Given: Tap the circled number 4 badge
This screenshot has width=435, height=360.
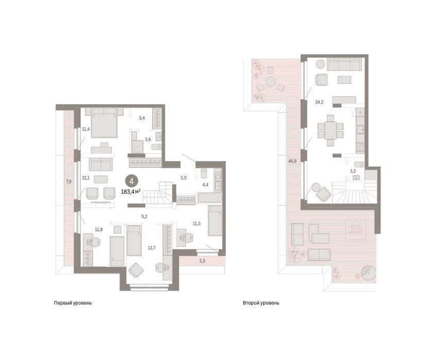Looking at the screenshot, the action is [x=131, y=181].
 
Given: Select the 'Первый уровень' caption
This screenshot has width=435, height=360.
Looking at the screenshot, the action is [x=73, y=303].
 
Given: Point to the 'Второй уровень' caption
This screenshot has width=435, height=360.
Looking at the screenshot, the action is [x=261, y=303].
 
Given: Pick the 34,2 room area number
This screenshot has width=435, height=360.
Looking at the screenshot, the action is [x=319, y=102].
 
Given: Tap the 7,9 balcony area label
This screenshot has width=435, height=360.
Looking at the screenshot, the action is [x=68, y=182].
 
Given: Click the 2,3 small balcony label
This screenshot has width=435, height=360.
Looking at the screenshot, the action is [x=202, y=261].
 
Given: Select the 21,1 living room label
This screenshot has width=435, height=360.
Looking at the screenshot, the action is [x=85, y=177].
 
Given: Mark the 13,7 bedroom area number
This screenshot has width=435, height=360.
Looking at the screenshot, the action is [x=151, y=248].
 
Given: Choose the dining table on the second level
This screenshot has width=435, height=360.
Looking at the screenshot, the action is [x=330, y=130].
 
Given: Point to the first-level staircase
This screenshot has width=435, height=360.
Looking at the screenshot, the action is [x=158, y=194].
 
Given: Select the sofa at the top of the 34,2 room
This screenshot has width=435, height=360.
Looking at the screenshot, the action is [x=344, y=64].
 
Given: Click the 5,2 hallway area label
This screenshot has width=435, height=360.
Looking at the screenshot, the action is [x=144, y=217].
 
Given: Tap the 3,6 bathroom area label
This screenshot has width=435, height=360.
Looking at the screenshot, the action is [x=148, y=139].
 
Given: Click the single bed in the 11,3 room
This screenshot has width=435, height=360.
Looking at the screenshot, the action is [x=215, y=221].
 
